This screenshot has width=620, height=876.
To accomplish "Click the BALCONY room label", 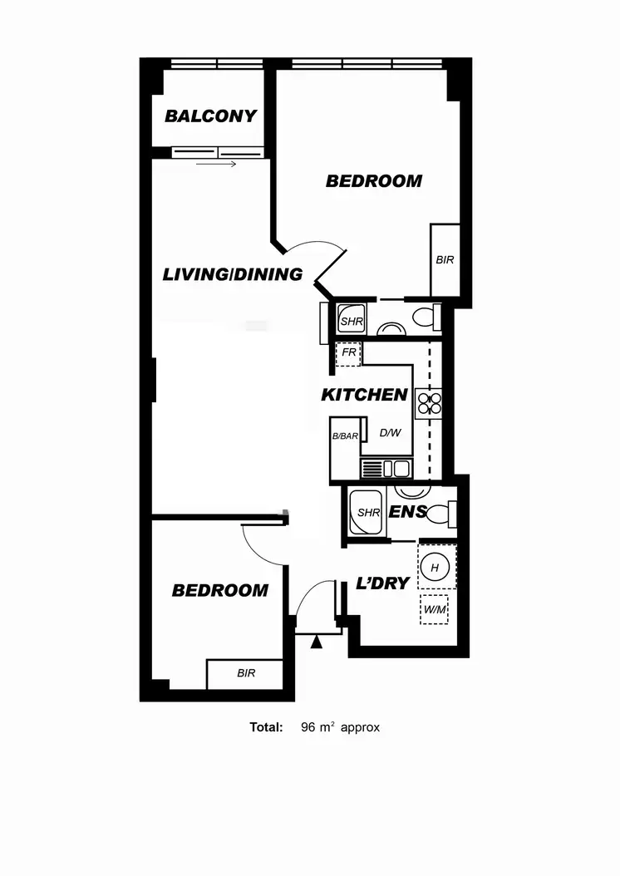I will [x=210, y=116].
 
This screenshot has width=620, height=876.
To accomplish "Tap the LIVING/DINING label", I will [x=233, y=274].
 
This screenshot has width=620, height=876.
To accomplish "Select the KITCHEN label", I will [x=364, y=396].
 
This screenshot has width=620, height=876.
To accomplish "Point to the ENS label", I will [x=408, y=512].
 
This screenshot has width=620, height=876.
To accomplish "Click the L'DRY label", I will [x=383, y=583].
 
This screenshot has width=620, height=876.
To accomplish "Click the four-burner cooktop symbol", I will [x=429, y=404].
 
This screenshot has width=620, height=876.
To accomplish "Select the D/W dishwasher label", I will [x=391, y=433].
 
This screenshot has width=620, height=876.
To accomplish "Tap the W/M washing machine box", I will [x=434, y=609].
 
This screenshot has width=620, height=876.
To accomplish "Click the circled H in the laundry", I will [x=435, y=568].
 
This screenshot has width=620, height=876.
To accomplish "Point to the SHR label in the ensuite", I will [x=368, y=513].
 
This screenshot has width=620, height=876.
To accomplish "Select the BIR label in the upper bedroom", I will [x=445, y=260].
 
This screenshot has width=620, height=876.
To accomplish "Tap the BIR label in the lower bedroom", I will [x=246, y=673].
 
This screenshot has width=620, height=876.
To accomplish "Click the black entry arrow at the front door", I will [x=316, y=640].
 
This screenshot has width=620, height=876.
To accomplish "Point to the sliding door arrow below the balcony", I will [x=217, y=164].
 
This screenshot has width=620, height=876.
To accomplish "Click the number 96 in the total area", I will [x=308, y=727].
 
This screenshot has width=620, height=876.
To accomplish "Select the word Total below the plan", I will [x=266, y=727].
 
